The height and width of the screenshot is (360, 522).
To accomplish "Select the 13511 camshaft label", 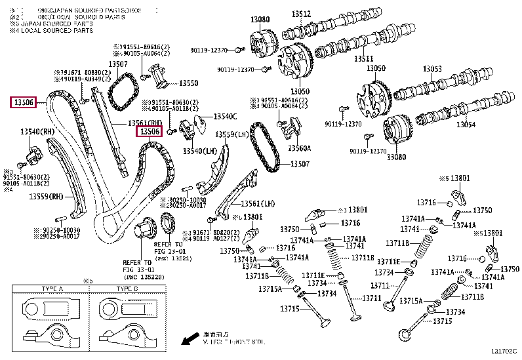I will pyautogui.click(x=363, y=59).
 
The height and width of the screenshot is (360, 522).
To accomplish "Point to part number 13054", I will pyautogui.click(x=466, y=125).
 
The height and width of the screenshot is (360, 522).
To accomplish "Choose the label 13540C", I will pyautogui.click(x=225, y=117).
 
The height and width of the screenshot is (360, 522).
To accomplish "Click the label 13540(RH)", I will pyautogui.click(x=38, y=132).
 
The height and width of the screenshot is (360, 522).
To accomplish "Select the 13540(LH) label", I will pyautogui.click(x=200, y=151).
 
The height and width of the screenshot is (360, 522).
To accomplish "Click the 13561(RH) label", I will pyautogui.click(x=145, y=123).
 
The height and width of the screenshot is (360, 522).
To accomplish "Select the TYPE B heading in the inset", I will pyautogui.click(x=127, y=289).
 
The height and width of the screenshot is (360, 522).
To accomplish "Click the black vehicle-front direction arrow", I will pyautogui.click(x=190, y=340).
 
